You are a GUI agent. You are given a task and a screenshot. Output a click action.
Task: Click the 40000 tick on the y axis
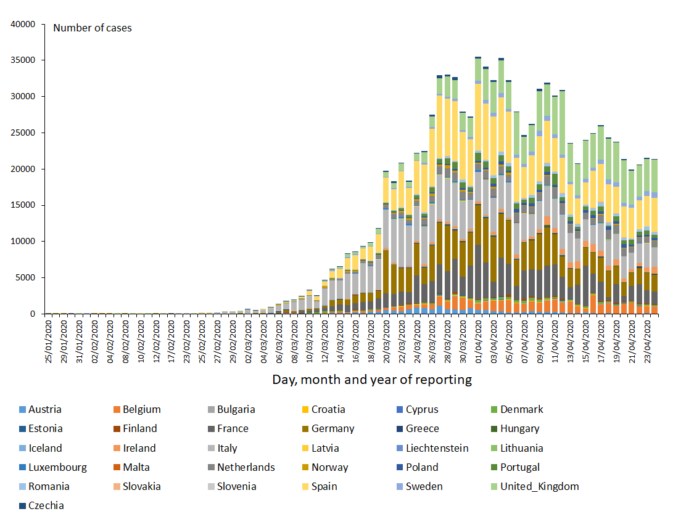(25, 25)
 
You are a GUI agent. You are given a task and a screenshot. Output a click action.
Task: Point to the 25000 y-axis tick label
(25, 133)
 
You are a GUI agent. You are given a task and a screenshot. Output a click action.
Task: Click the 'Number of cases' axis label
(93, 28)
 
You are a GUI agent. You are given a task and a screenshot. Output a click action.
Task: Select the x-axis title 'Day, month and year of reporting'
(372, 380)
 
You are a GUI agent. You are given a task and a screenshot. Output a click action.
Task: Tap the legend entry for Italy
(227, 448)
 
